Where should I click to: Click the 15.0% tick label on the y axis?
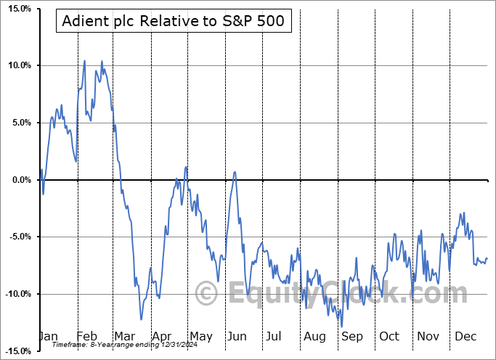[x=16, y=9]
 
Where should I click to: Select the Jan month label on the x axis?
[x=48, y=336]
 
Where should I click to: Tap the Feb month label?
[x=88, y=336]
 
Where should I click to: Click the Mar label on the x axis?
[x=125, y=336]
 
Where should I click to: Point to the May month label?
[x=200, y=336]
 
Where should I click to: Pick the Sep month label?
[x=351, y=336]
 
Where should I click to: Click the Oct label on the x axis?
[x=389, y=336]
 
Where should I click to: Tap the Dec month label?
[x=465, y=336]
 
